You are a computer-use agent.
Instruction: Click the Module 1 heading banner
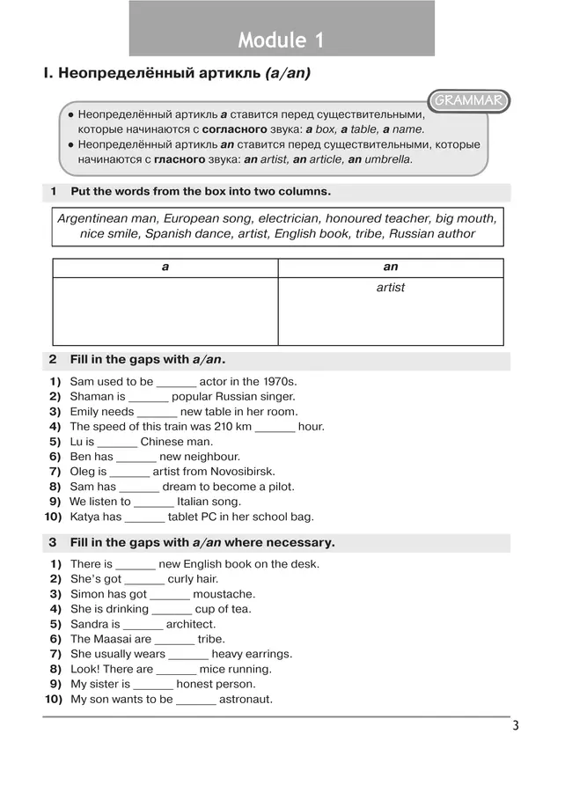[282, 40]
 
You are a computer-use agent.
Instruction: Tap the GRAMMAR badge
[467, 101]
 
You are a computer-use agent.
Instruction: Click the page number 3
[516, 726]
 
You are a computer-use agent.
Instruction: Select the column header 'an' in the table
[391, 267]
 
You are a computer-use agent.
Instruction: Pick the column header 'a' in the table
[165, 267]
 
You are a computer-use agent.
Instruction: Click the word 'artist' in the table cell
[391, 288]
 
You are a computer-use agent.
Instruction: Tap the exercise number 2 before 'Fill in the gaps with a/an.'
[53, 359]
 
